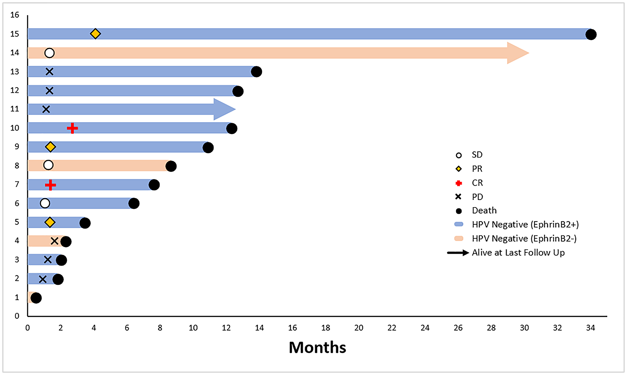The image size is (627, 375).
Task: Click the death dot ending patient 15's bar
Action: (x=591, y=34)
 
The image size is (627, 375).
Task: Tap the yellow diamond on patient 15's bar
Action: (x=95, y=34)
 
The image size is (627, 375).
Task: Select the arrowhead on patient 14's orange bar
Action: (x=517, y=53)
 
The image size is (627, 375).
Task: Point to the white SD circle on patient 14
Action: (x=49, y=53)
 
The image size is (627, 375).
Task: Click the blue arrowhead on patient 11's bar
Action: (x=224, y=109)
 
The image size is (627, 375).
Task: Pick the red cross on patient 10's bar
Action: (x=72, y=128)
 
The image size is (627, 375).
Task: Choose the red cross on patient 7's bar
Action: (x=50, y=185)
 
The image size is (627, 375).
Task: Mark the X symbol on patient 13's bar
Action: (x=49, y=72)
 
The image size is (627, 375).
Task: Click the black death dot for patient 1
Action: (x=36, y=298)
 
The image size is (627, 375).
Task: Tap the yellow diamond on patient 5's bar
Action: (x=50, y=222)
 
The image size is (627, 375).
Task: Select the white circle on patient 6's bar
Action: (x=45, y=203)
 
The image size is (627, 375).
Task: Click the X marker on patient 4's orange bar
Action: (x=55, y=241)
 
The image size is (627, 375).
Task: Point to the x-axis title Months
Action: (x=317, y=347)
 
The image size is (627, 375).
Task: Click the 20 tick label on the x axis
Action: (x=359, y=328)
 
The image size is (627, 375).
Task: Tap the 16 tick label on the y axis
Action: (x=14, y=15)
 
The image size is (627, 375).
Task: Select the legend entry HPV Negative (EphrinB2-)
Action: (x=524, y=238)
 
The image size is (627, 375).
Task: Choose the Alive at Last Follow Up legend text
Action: (x=518, y=253)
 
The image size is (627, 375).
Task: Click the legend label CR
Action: (x=477, y=183)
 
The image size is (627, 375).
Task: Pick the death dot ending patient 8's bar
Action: (x=171, y=166)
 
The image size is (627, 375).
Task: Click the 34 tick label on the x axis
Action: (x=590, y=328)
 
